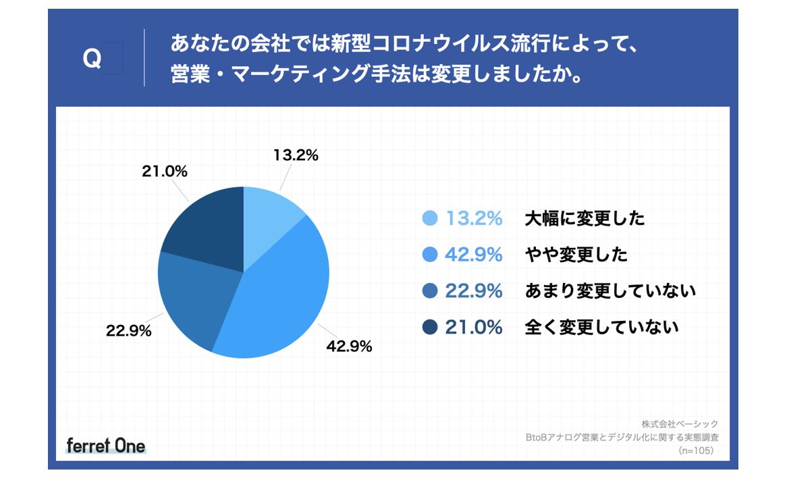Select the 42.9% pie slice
(x=283, y=290)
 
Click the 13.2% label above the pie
(x=296, y=155)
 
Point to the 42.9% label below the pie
(x=350, y=347)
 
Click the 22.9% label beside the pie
(x=128, y=331)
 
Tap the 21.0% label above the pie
(x=164, y=172)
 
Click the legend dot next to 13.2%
(x=429, y=218)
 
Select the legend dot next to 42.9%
(x=429, y=255)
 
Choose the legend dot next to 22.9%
(x=429, y=291)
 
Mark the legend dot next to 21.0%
(x=429, y=328)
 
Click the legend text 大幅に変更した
(x=585, y=218)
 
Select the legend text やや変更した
(x=576, y=255)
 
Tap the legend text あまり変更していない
(x=610, y=291)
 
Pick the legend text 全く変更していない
(x=601, y=328)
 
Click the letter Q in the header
(x=92, y=59)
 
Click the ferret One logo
(x=106, y=445)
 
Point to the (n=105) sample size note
(x=695, y=451)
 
